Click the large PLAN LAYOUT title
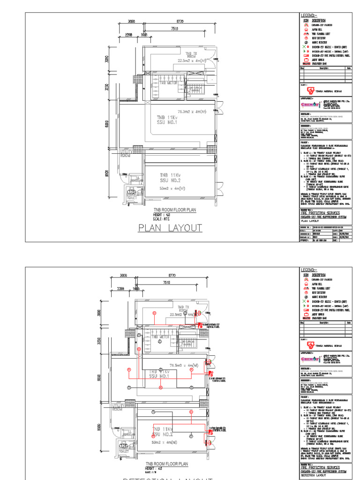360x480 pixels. pos(170,228)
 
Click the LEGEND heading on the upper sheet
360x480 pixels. pos(307,15)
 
